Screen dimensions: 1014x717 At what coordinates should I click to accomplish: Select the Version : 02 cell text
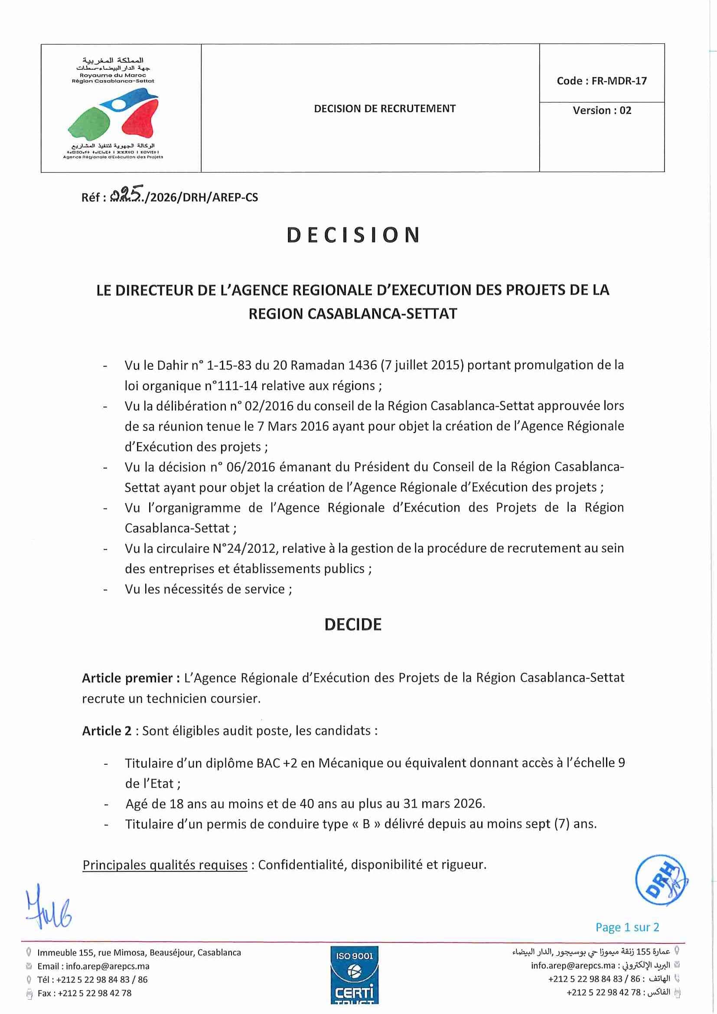click(x=602, y=111)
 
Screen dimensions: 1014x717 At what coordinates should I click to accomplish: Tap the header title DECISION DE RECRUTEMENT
click(x=385, y=109)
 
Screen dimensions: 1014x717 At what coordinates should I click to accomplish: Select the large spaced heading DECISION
click(x=353, y=235)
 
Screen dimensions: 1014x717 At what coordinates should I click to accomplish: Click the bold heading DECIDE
click(x=353, y=624)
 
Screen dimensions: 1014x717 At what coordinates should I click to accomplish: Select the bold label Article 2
click(x=107, y=731)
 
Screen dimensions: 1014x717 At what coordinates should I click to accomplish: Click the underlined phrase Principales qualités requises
click(x=165, y=865)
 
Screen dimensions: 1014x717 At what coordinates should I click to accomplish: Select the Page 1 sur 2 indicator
click(x=627, y=927)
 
